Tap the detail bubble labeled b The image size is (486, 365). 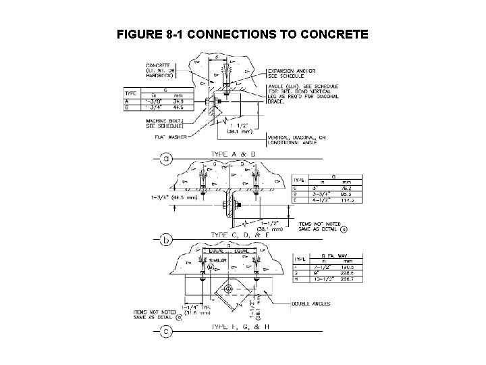[x=166, y=238]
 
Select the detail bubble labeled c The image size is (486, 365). [x=166, y=332]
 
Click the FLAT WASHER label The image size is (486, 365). [x=172, y=138]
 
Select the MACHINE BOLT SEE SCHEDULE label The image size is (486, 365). [x=167, y=124]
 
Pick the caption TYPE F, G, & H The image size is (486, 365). [x=242, y=328]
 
